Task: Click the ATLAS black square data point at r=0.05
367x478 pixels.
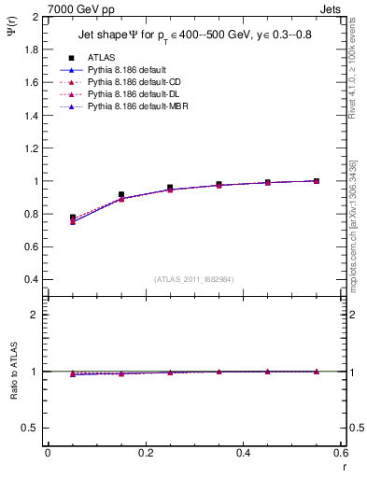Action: tap(73, 218)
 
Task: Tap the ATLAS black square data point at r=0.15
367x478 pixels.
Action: tap(121, 194)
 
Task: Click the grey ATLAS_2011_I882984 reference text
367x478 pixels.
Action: tap(194, 279)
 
